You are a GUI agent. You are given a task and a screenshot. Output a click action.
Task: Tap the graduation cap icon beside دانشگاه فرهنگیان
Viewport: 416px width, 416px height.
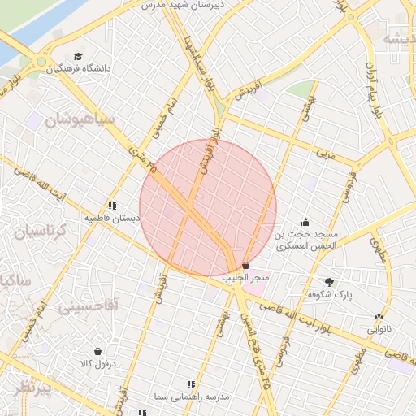coord(78,57)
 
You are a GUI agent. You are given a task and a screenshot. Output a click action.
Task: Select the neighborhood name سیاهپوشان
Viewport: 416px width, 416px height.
coord(80,119)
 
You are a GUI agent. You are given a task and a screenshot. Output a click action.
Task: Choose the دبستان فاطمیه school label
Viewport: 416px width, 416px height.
coord(113,219)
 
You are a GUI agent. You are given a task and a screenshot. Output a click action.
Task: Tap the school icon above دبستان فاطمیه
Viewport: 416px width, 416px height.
coord(112,206)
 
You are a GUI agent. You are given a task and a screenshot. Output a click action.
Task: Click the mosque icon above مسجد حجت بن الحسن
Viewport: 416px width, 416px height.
coord(305,222)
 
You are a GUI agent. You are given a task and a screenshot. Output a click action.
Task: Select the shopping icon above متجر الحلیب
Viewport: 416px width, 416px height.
coord(246,266)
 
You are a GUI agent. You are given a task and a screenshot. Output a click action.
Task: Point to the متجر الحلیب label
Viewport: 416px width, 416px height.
coord(246,279)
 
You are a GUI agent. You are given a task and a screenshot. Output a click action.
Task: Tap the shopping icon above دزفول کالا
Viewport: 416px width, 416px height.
coord(98,352)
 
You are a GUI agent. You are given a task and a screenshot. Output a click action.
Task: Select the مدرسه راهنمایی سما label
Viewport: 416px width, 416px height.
coord(192,396)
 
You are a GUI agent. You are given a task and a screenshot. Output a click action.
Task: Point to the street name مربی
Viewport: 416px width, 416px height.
coord(327,154)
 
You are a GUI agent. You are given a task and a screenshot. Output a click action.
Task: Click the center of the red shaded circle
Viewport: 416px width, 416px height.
coord(208,208)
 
